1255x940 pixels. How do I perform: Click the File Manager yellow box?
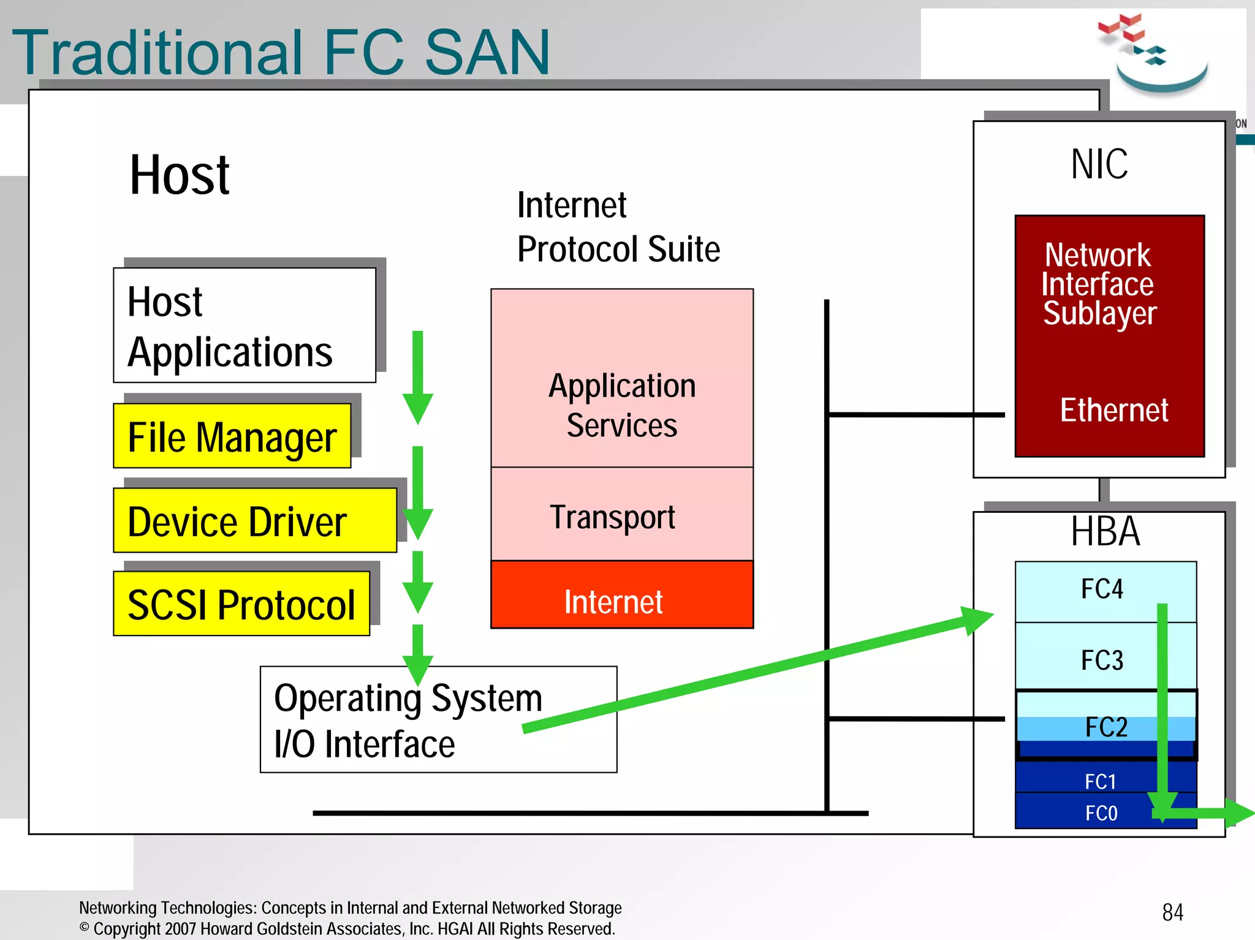(232, 436)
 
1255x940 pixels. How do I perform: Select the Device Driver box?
(254, 521)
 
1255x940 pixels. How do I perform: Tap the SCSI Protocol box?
(241, 604)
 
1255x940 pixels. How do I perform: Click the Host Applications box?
(244, 325)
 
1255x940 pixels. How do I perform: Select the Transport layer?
(621, 515)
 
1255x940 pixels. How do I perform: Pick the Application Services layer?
(621, 404)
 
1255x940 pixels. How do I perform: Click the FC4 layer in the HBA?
(1101, 589)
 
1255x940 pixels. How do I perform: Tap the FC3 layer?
(1101, 660)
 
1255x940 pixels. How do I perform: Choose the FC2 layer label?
(1105, 727)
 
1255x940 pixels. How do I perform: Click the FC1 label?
(1100, 781)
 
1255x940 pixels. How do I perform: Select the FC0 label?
(1101, 813)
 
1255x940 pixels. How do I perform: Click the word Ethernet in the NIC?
(1113, 410)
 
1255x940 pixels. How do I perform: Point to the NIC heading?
(1099, 164)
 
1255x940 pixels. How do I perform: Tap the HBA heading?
(1105, 531)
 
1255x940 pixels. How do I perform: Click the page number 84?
(1172, 912)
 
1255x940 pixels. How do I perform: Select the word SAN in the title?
(487, 53)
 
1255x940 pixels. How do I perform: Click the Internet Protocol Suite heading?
(617, 227)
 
